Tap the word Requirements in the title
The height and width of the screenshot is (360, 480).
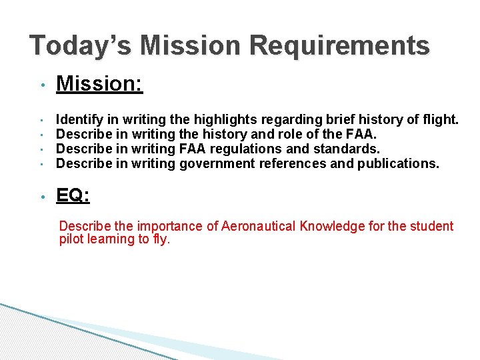(x=340, y=46)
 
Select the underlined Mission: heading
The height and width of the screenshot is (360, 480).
(x=99, y=84)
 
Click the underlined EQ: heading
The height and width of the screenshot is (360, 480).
(x=73, y=195)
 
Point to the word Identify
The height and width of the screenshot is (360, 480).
(x=79, y=120)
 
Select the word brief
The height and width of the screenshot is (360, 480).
(x=341, y=120)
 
